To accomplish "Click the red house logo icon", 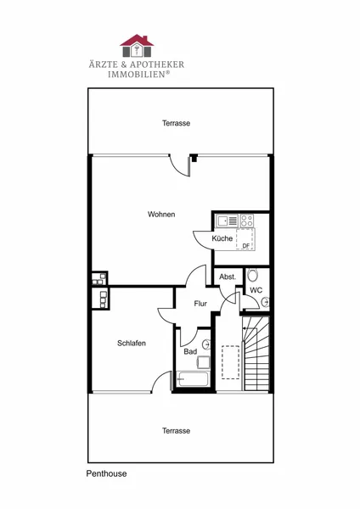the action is [x=137, y=46].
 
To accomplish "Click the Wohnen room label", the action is [x=161, y=215].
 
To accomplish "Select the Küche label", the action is [x=222, y=238].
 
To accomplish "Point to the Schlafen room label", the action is [x=132, y=343].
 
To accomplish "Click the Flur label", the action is [x=200, y=304].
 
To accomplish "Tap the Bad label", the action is [x=190, y=351].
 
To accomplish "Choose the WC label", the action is [x=256, y=290].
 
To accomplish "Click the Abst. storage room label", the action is [x=228, y=277].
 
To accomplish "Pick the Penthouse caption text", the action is [x=106, y=473].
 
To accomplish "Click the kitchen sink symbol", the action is [x=228, y=221].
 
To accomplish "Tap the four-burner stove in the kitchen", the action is [x=247, y=221].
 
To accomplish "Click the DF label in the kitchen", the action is [x=246, y=246].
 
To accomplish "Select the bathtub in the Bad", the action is [x=193, y=379].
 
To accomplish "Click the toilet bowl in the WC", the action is [x=252, y=275].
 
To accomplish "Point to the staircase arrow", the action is [x=250, y=328].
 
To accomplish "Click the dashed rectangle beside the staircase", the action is [x=231, y=362].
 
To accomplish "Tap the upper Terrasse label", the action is [x=176, y=123].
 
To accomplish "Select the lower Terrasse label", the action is [x=176, y=431].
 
